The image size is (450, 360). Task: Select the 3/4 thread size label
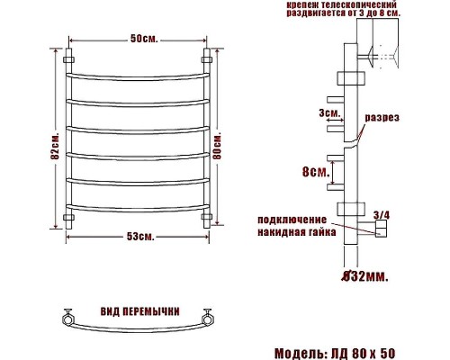381,213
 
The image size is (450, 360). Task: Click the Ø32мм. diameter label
366,275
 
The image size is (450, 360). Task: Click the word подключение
291,219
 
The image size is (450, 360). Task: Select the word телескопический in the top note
358,5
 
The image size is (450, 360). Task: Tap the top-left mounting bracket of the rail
68,61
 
